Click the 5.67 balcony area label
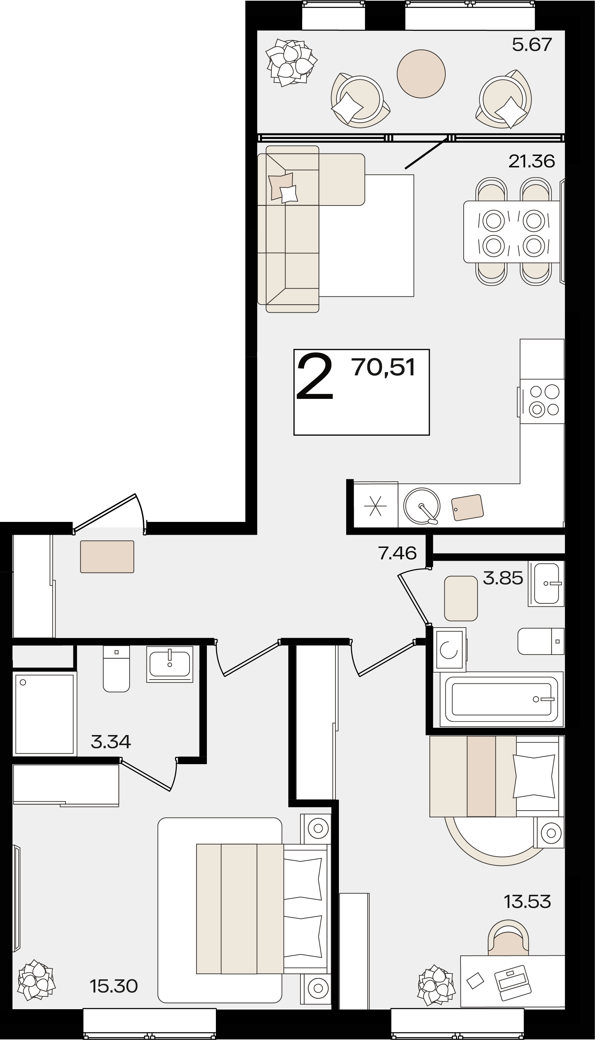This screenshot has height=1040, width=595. pyautogui.click(x=532, y=45)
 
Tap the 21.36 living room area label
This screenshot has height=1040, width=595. pyautogui.click(x=532, y=161)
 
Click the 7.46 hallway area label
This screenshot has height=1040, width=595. pyautogui.click(x=397, y=553)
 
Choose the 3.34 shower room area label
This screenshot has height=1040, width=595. pyautogui.click(x=111, y=742)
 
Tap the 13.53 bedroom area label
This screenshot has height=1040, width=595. pyautogui.click(x=527, y=901)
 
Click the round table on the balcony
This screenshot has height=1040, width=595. pyautogui.click(x=421, y=73)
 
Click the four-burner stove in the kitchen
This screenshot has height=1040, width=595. pyautogui.click(x=542, y=401)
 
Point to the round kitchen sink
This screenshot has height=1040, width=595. pyautogui.click(x=422, y=506)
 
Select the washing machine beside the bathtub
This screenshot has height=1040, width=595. pyautogui.click(x=449, y=650)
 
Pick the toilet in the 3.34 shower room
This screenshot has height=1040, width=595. pyautogui.click(x=116, y=669)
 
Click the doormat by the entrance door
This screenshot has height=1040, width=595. pyautogui.click(x=107, y=557)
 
